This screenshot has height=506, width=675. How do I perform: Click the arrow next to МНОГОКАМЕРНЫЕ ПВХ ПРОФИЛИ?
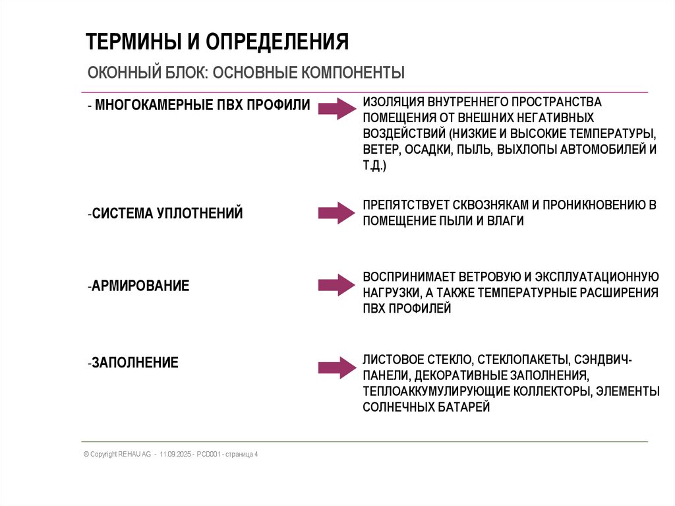click(337, 109)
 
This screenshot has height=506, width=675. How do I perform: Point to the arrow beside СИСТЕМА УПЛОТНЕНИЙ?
click(337, 212)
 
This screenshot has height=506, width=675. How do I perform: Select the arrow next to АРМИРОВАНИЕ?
click(337, 285)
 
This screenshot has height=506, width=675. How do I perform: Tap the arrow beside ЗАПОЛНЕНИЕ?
click(337, 368)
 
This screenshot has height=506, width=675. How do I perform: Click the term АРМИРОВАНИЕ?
click(140, 286)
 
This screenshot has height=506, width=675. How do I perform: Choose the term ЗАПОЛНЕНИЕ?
click(135, 362)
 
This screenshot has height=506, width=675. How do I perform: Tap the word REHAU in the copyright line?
click(129, 455)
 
